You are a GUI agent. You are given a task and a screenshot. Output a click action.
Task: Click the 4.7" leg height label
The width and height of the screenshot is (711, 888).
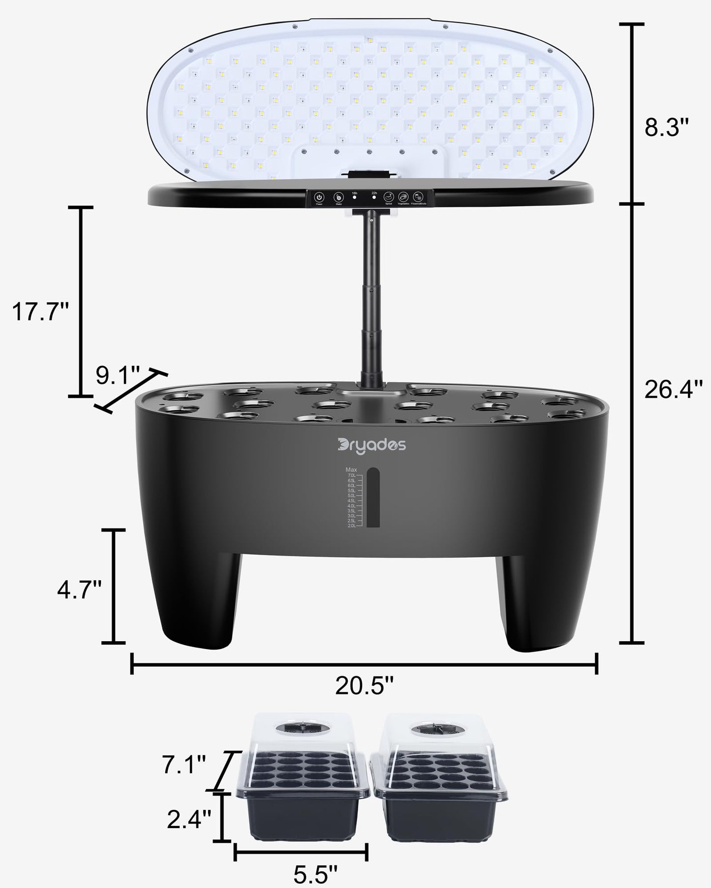[x=79, y=589]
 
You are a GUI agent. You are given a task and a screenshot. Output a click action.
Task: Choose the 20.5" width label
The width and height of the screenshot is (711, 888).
[x=365, y=685]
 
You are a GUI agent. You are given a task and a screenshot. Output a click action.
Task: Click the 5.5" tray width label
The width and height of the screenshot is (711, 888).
[x=315, y=873]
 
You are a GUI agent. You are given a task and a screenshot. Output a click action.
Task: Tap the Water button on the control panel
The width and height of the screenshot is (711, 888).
[x=339, y=197]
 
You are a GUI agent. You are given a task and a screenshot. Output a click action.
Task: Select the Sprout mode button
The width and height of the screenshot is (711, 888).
[x=389, y=197]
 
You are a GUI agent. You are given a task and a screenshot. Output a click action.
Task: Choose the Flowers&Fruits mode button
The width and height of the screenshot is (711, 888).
[x=418, y=197]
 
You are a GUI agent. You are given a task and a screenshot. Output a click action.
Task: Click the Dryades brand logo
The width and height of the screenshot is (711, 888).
[x=372, y=445]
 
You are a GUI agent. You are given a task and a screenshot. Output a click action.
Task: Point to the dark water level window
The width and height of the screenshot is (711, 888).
[x=373, y=498]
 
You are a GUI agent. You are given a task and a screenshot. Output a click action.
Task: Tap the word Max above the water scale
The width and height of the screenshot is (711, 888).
[x=351, y=470]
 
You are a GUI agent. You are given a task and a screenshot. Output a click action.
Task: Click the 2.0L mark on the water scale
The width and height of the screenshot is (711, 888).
[x=351, y=526]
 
